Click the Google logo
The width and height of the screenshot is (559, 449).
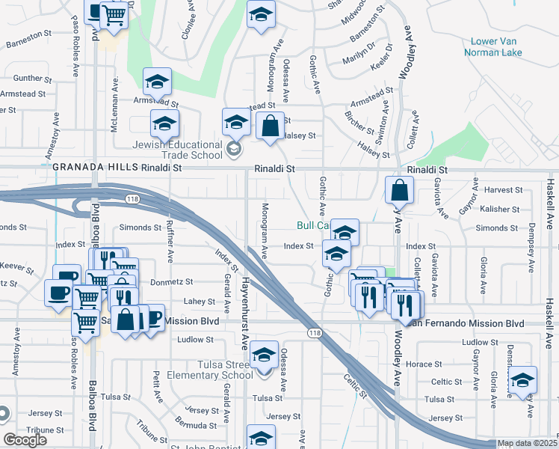click(25, 440)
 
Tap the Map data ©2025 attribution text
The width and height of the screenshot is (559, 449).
click(528, 444)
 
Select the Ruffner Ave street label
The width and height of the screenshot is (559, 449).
click(170, 245)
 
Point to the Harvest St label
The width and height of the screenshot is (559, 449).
click(501, 190)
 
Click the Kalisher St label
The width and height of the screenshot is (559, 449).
click(500, 210)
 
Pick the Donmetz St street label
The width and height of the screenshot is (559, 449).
click(174, 282)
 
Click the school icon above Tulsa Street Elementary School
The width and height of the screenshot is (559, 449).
click(263, 354)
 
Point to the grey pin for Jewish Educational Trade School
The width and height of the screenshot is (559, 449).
click(233, 150)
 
